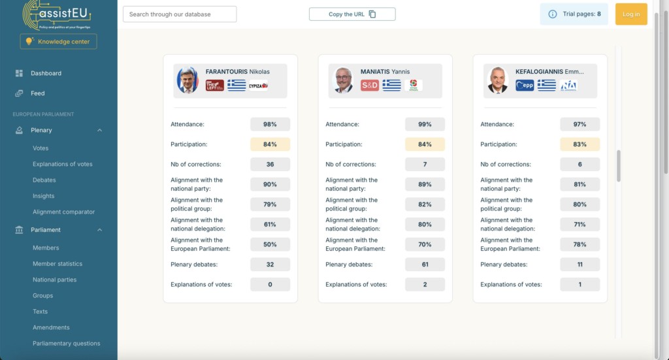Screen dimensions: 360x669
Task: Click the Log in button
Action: [631, 14]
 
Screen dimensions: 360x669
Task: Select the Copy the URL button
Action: [352, 14]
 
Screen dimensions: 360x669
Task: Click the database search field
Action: [180, 14]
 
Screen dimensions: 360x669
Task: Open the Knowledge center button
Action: [59, 41]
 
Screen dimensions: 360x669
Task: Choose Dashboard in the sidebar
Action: [46, 73]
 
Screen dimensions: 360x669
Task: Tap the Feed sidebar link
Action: [37, 93]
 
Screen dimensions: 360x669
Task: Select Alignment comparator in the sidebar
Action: [63, 212]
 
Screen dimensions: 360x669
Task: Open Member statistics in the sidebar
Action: [57, 264]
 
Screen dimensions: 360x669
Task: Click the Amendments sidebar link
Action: [51, 327]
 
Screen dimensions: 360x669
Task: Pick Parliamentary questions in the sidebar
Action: [66, 344]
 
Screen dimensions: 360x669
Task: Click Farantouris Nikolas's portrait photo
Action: [188, 80]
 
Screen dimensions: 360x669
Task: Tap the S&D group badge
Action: [370, 85]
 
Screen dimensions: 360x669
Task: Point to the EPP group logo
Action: [525, 85]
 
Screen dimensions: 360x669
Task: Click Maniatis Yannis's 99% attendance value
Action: [425, 124]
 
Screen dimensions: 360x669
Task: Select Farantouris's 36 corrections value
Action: [270, 165]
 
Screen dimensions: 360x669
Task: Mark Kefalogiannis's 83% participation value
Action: [579, 144]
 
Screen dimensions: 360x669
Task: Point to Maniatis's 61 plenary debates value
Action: [425, 265]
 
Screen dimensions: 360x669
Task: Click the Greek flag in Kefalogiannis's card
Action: [547, 85]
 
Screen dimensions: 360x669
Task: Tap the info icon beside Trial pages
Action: [553, 14]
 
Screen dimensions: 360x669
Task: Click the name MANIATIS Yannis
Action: [385, 72]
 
